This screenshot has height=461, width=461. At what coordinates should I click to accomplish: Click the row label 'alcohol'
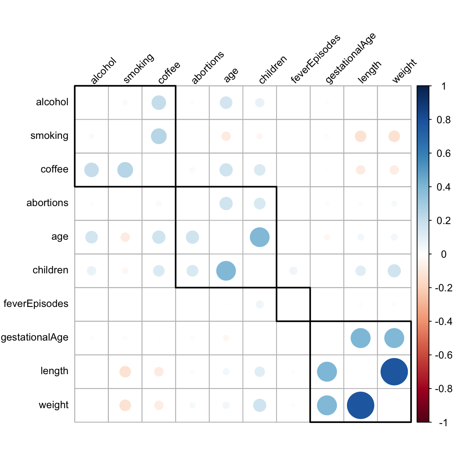tap(52, 102)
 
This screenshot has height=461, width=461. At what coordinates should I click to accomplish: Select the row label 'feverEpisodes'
tap(36, 304)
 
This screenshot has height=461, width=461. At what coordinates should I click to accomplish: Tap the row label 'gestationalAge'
tap(35, 337)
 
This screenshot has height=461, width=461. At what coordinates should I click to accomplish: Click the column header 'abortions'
tap(207, 68)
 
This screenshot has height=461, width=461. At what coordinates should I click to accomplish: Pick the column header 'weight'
tap(404, 71)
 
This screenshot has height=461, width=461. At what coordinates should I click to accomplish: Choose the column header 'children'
tap(273, 70)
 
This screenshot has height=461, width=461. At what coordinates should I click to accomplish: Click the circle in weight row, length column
tap(361, 405)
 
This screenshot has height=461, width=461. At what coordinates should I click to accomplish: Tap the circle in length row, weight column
tap(394, 372)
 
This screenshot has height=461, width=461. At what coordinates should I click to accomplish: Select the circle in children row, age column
tap(226, 271)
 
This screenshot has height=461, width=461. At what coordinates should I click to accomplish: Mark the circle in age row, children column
tap(260, 237)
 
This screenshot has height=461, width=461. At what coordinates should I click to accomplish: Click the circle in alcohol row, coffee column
tap(159, 103)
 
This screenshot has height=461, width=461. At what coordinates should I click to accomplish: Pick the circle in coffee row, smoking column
tap(125, 170)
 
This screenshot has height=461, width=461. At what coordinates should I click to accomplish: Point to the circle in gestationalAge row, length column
tap(361, 338)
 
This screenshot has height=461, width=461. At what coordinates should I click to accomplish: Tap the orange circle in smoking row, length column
tap(361, 136)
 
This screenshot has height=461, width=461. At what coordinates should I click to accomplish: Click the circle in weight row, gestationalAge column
tap(327, 405)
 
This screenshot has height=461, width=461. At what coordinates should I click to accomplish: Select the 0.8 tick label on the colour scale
tap(443, 120)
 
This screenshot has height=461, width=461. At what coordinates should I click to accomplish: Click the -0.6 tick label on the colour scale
tap(443, 355)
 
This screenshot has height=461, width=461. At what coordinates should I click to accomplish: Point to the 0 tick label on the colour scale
tap(443, 254)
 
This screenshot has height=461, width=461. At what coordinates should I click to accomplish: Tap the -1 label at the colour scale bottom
tap(443, 422)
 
